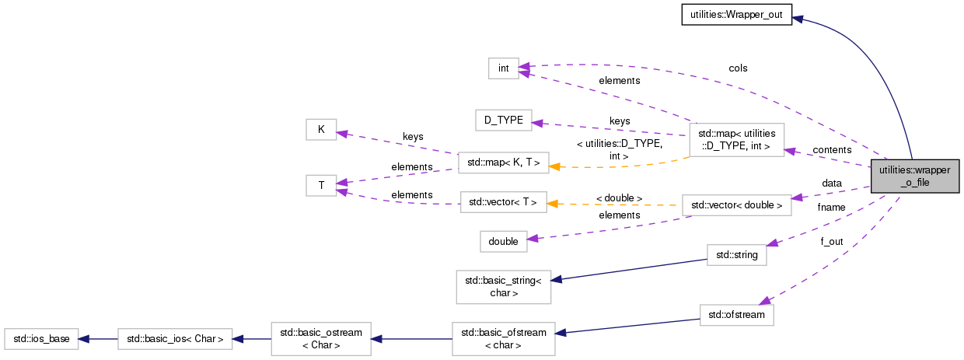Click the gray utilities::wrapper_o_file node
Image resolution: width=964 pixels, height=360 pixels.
(x=914, y=177)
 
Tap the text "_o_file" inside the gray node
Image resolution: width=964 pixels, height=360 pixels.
(x=914, y=183)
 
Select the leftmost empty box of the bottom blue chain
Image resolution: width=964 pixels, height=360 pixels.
(x=41, y=339)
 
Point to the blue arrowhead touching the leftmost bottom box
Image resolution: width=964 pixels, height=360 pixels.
(x=84, y=339)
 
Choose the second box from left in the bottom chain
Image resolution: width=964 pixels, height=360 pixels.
(x=175, y=339)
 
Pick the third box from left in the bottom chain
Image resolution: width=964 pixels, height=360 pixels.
(x=320, y=339)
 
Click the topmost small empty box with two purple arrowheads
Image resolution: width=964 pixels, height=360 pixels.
(x=503, y=68)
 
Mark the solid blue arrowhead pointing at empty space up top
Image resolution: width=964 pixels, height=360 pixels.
(x=797, y=19)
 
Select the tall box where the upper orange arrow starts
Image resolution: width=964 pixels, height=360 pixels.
(x=736, y=140)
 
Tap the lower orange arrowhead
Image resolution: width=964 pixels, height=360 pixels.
(x=552, y=204)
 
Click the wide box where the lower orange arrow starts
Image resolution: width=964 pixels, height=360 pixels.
(x=736, y=205)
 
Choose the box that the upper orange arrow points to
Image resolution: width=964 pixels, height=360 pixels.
(x=503, y=163)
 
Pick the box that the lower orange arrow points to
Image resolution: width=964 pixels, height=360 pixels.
(x=503, y=202)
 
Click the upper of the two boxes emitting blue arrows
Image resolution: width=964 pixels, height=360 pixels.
(x=736, y=255)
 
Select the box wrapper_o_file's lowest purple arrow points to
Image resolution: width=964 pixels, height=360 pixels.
(x=736, y=315)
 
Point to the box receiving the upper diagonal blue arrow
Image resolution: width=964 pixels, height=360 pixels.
(x=503, y=287)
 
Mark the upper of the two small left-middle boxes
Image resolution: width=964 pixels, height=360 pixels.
(x=321, y=129)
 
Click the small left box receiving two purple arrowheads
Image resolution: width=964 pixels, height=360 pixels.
(x=321, y=185)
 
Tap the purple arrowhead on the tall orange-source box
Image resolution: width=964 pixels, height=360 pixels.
(x=790, y=150)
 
